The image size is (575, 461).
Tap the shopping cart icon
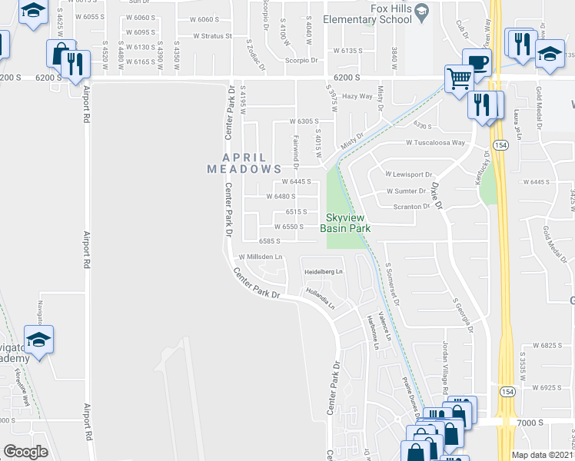[x=459, y=78]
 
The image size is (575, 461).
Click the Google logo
[x=25, y=451]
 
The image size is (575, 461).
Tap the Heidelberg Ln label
[x=323, y=272]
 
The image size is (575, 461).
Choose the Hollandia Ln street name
[x=320, y=298]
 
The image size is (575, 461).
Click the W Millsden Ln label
[x=260, y=257]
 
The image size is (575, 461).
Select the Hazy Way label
[x=357, y=97]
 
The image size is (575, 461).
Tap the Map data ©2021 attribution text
[x=543, y=455]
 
